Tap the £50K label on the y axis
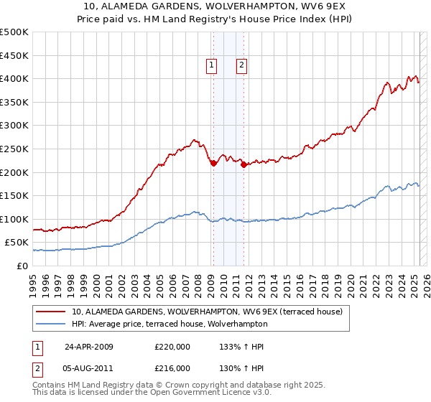(17, 243)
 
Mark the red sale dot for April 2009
(213, 163)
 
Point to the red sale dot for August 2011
(244, 164)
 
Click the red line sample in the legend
(51, 312)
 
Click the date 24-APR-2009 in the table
(89, 347)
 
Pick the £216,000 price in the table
(172, 368)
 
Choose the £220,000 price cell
(172, 347)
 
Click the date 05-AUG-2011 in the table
(89, 368)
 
